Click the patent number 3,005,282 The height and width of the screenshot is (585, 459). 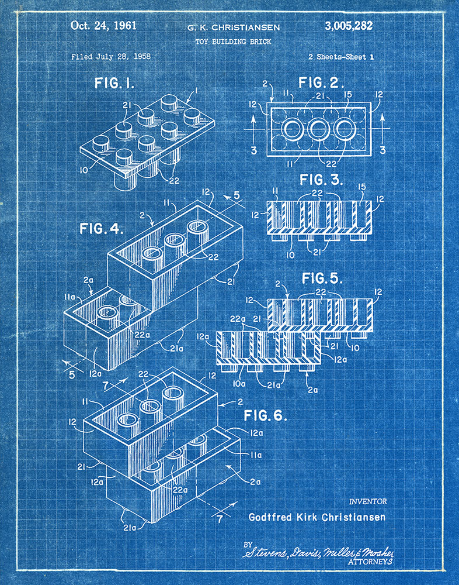coord(347,26)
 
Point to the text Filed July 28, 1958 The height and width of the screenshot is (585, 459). coord(111,57)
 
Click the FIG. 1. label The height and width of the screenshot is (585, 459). coord(114,84)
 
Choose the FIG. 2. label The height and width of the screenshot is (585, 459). coord(321,82)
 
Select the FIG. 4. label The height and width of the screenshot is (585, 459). coord(99,229)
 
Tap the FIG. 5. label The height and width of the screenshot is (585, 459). coord(321,277)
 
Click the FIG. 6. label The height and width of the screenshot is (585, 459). coord(266,416)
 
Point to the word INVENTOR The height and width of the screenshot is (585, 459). coord(367,501)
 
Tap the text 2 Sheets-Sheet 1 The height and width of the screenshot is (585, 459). coord(341,57)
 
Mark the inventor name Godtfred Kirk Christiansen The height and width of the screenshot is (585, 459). coord(317,517)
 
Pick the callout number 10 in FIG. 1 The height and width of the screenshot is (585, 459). coord(85,171)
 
